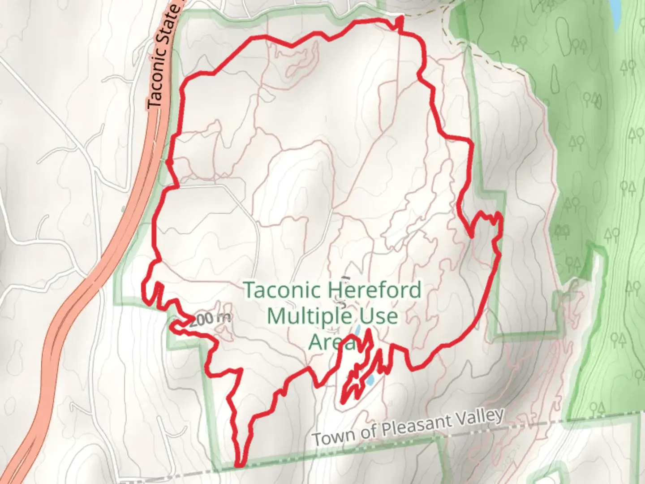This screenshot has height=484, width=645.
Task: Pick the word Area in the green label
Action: (x=331, y=342)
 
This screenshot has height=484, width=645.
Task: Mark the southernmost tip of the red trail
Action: (x=239, y=465)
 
